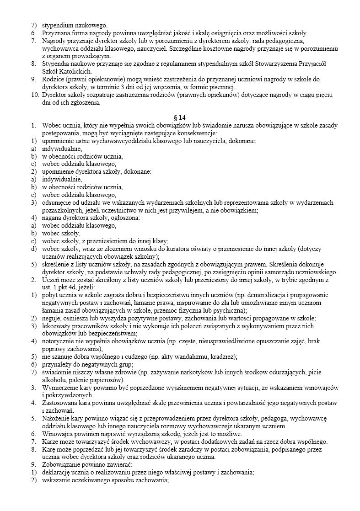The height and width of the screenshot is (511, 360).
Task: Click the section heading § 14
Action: [180, 117]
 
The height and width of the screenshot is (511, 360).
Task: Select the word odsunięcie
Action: [57, 202]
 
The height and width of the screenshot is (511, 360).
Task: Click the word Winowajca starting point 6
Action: [58, 434]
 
